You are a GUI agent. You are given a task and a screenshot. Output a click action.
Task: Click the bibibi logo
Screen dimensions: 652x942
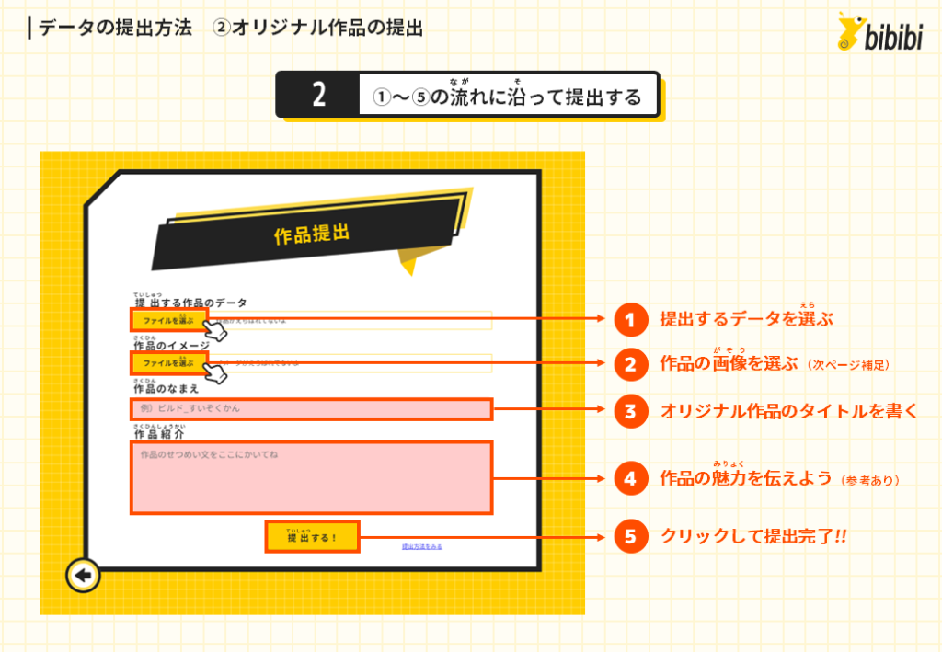point(880,32)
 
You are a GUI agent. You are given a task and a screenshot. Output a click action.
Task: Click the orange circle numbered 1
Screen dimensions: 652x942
point(630,320)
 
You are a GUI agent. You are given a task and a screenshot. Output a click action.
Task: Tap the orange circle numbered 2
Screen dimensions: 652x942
point(630,364)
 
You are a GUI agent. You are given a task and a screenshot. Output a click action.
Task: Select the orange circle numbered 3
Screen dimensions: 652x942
point(630,410)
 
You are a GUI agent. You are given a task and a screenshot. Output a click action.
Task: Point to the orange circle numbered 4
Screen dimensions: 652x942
point(630,478)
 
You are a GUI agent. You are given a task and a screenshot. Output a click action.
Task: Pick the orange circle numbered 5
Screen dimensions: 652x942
point(630,536)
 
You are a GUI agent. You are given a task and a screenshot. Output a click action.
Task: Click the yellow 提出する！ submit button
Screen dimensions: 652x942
point(312,537)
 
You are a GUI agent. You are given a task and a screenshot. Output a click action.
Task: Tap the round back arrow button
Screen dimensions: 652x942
point(83,577)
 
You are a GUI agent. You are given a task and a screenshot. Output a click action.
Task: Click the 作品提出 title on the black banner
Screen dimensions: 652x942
point(312,234)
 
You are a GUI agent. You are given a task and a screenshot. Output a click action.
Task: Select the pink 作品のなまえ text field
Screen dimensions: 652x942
point(312,408)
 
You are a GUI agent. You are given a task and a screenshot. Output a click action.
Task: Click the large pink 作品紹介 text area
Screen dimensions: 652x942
point(312,477)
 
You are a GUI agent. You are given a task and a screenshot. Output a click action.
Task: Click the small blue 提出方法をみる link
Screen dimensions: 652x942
point(421,546)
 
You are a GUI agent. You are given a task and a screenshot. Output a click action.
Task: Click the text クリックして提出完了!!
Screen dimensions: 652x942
point(753,537)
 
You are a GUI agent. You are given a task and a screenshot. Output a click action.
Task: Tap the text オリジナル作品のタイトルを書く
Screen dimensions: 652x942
point(788,411)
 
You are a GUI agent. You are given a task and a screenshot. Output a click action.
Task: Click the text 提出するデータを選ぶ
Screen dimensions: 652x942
point(746,320)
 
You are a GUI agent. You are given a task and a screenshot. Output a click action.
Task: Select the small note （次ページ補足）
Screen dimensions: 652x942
point(848,365)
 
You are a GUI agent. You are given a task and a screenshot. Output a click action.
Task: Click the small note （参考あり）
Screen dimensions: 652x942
point(869,480)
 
